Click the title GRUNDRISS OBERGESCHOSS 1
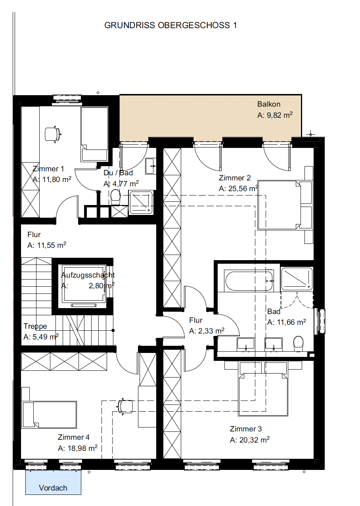point(170,25)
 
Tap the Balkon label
point(269,104)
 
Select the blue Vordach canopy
point(53,482)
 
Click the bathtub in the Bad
point(249,281)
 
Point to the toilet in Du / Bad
point(115,196)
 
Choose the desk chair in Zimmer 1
point(53,134)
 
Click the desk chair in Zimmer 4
point(125,406)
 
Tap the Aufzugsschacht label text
point(88,275)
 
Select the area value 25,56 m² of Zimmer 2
point(238,188)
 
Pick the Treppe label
point(35,326)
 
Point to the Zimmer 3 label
point(246,429)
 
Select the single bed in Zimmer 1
point(94,134)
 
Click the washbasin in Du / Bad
point(151,166)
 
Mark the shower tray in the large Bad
point(297,279)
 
